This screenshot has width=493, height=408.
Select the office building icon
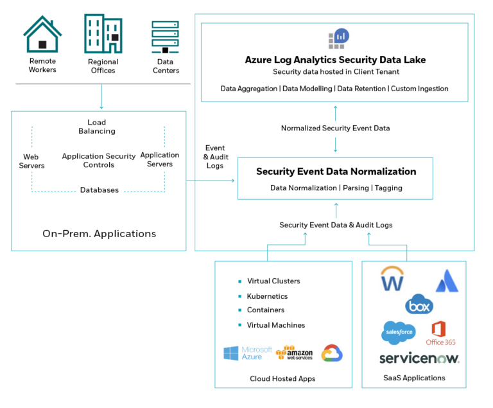(x=103, y=34)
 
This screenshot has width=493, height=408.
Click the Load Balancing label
(x=96, y=127)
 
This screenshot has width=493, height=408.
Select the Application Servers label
(x=157, y=160)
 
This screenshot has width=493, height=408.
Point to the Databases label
(x=99, y=191)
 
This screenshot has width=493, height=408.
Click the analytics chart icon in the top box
(x=338, y=38)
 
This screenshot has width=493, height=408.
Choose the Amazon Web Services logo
(x=295, y=353)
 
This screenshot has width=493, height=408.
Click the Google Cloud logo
(x=332, y=353)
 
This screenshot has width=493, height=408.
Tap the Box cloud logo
(x=419, y=305)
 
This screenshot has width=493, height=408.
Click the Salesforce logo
(x=398, y=333)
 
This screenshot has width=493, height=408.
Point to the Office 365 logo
(x=440, y=333)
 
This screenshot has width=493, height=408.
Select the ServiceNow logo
(x=420, y=359)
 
